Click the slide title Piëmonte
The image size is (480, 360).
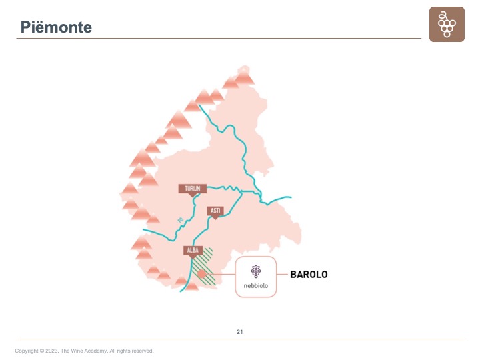[56, 27]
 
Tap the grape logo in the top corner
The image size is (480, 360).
[447, 25]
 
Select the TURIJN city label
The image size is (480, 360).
[193, 189]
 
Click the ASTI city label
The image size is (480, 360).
[215, 211]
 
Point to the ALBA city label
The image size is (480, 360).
[192, 251]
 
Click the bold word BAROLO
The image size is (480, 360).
[309, 274]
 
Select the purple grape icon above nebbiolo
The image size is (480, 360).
[255, 271]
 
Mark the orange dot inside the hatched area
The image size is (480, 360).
[201, 274]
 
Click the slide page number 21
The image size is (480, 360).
[240, 331]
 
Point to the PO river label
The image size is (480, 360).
[180, 220]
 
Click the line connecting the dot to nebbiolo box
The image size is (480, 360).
[220, 274]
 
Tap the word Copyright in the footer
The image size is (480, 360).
[26, 351]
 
